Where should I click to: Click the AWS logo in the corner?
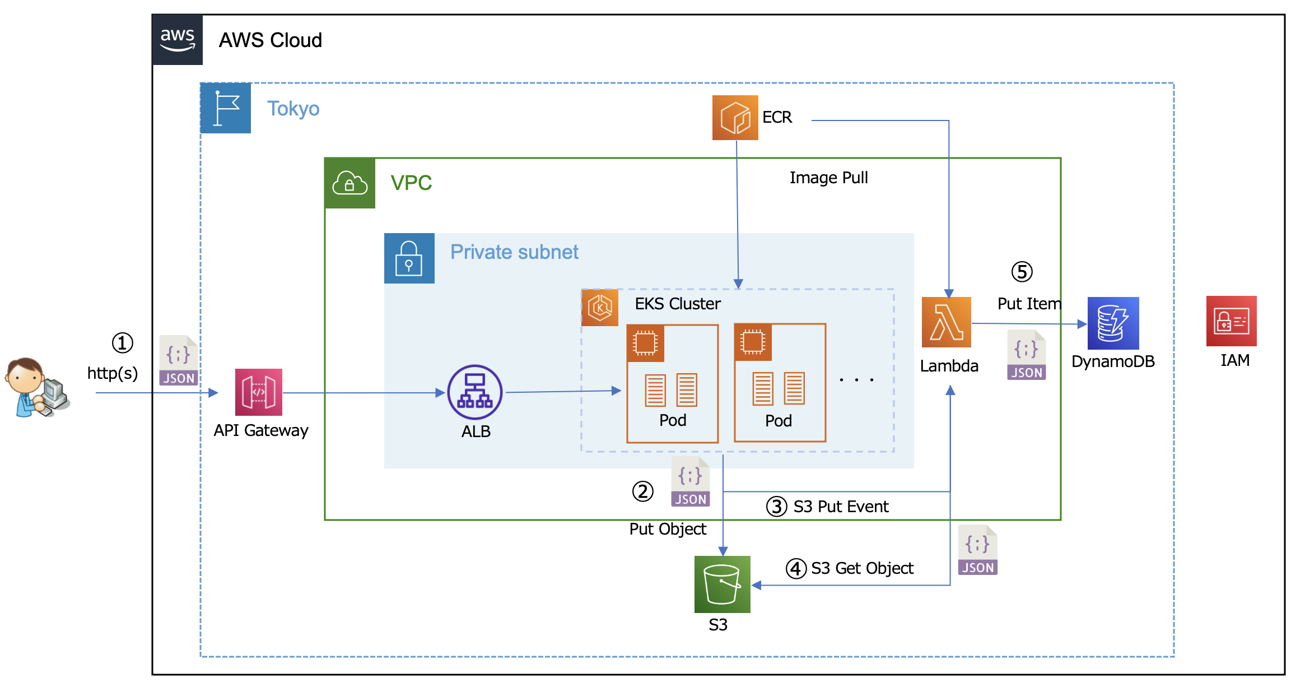[178, 40]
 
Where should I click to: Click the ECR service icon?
[735, 118]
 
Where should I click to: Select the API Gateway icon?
[258, 392]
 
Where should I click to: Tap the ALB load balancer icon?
[475, 392]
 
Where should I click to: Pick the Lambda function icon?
[946, 322]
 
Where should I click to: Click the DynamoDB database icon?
[1113, 323]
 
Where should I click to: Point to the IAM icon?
[1231, 321]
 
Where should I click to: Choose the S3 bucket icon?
[722, 584]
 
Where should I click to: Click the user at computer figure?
[36, 388]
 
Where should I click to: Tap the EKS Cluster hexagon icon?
[600, 307]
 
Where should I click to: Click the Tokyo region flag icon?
[226, 108]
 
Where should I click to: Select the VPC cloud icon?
[350, 183]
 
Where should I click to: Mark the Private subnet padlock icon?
[409, 258]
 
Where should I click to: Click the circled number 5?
[1022, 272]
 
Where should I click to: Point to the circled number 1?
[122, 343]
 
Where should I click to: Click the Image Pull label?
[828, 178]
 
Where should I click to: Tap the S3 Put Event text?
[841, 507]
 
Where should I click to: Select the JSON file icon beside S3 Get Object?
[977, 550]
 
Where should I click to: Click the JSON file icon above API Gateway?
[178, 360]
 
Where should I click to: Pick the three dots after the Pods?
[856, 380]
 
